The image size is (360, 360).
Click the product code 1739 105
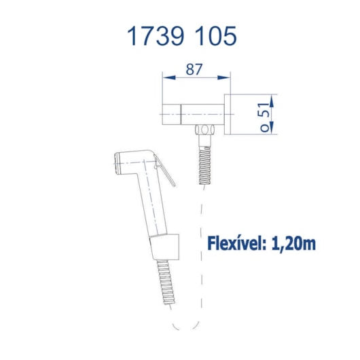click(x=181, y=36)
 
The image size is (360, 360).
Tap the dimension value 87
click(x=194, y=69)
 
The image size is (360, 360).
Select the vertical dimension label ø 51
click(x=265, y=118)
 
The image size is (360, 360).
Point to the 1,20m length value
click(x=294, y=244)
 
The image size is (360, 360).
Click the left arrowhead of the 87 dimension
click(x=168, y=77)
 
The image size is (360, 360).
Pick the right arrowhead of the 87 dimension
click(x=224, y=77)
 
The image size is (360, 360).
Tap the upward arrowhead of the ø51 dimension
click(x=272, y=101)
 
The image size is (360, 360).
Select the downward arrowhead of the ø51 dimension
click(x=272, y=127)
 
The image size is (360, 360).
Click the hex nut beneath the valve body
click(x=204, y=130)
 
